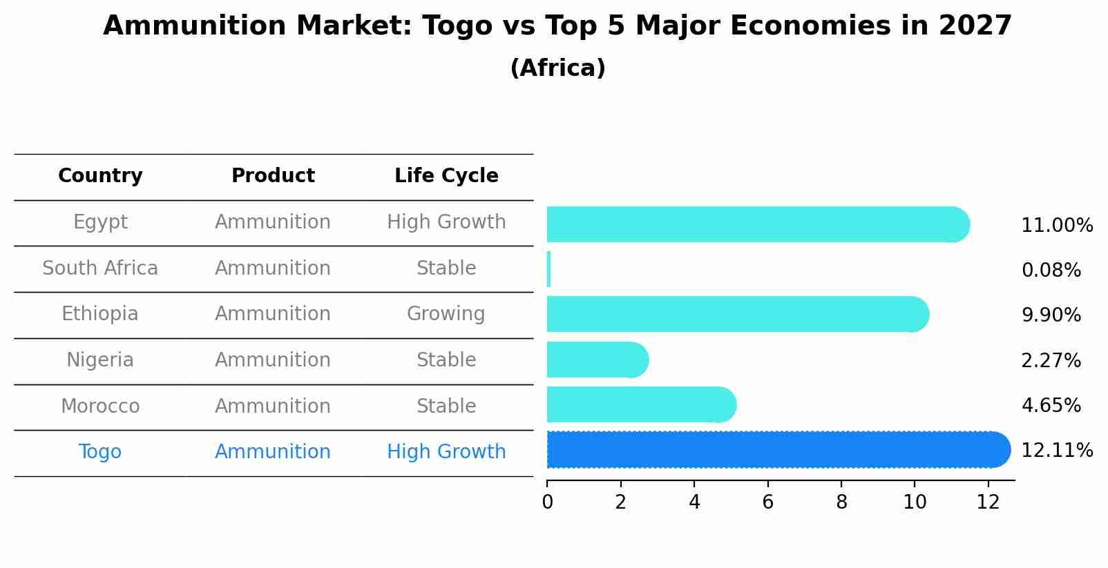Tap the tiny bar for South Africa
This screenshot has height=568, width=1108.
tap(548, 269)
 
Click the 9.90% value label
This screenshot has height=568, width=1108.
tap(1051, 315)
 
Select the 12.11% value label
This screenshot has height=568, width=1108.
tap(1056, 451)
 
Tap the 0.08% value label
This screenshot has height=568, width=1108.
tap(1051, 271)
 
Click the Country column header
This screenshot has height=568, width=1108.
tap(100, 176)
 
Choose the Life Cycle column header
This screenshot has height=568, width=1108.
tap(446, 176)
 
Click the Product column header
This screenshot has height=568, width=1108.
tap(273, 176)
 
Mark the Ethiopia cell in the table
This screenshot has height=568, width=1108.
tap(100, 314)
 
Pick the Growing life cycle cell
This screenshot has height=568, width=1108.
tap(446, 314)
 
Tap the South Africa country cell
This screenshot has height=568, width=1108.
tap(100, 268)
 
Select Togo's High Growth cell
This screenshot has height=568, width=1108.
tap(446, 452)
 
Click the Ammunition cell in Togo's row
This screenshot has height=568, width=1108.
tap(273, 452)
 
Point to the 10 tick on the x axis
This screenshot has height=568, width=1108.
tap(915, 502)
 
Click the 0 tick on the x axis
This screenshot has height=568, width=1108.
tap(547, 502)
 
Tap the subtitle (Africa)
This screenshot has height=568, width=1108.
tap(557, 68)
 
